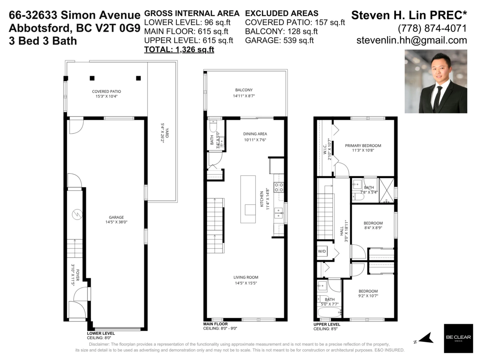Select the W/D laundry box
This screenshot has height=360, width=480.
click(x=322, y=251)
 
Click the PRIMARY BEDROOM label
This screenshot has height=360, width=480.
click(x=363, y=146)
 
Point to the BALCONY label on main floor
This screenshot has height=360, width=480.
click(x=244, y=90)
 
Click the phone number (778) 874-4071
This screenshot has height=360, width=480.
click(x=432, y=28)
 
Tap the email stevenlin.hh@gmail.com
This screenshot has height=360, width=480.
click(x=412, y=40)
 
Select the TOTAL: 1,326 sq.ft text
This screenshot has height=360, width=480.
click(x=179, y=50)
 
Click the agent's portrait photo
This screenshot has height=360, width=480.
click(x=436, y=81)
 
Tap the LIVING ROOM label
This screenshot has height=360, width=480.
click(x=246, y=277)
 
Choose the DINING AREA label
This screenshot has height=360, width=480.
click(x=255, y=134)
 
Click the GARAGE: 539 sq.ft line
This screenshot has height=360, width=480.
click(x=279, y=40)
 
